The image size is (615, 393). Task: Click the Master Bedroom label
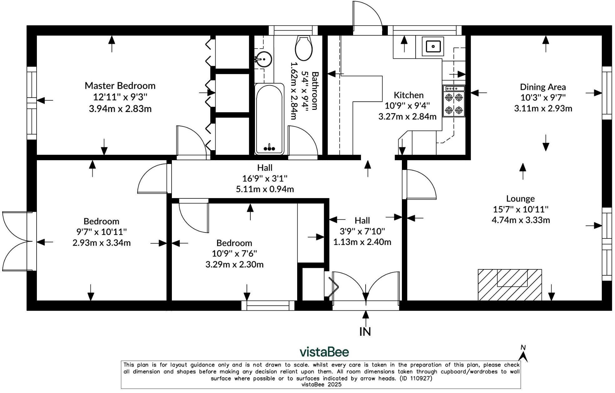[120, 85]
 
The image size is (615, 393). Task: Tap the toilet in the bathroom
[304, 48]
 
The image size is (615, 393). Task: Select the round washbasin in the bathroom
[264, 59]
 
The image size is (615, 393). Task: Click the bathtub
[269, 119]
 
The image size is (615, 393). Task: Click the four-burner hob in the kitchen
[454, 101]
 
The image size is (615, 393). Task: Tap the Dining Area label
[543, 87]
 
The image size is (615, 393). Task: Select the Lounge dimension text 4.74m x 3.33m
[521, 220]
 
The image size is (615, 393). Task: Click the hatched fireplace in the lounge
[510, 285]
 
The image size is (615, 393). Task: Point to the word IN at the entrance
[365, 331]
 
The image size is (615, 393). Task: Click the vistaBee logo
[324, 352]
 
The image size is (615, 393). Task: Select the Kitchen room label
[408, 95]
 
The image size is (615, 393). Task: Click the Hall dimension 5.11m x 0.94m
[265, 189]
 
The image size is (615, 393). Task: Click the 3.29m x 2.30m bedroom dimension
[234, 264]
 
